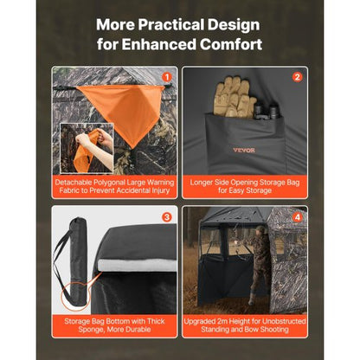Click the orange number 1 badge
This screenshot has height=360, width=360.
(x=167, y=76)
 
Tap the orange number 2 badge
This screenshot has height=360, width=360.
(x=297, y=76)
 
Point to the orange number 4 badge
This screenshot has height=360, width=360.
(x=297, y=217)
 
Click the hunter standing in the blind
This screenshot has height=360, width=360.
(x=261, y=264)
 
